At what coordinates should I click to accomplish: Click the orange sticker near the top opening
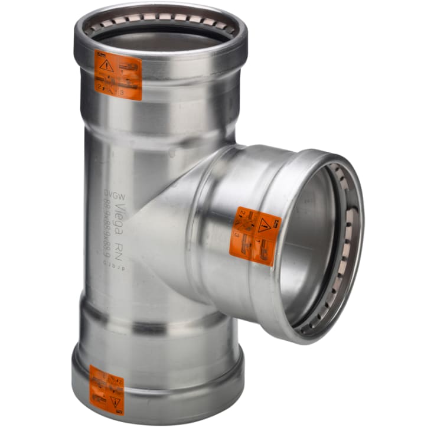[120, 77]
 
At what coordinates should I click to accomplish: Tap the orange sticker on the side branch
[255, 236]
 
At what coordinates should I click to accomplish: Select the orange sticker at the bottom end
[107, 390]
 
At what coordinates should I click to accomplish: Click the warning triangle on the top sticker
[107, 66]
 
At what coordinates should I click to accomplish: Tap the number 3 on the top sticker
[123, 92]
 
